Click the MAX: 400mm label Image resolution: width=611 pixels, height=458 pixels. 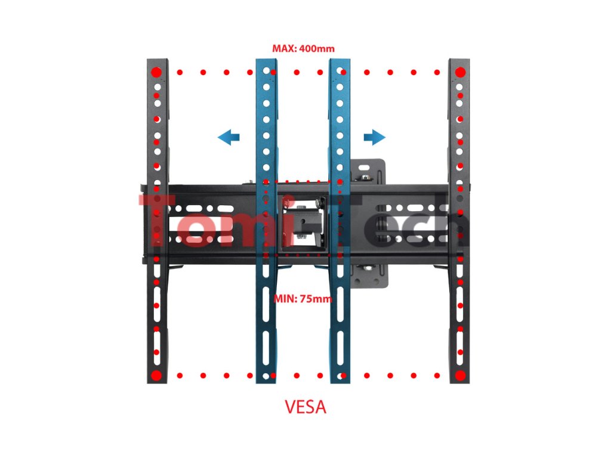pyautogui.click(x=303, y=48)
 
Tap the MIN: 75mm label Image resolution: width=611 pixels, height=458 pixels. pyautogui.click(x=303, y=299)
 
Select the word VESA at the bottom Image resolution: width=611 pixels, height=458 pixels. pyautogui.click(x=305, y=408)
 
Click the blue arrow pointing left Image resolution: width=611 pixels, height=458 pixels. pyautogui.click(x=229, y=138)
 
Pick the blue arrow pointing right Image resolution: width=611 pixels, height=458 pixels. pyautogui.click(x=375, y=138)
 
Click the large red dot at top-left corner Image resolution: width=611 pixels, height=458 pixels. pyautogui.click(x=156, y=73)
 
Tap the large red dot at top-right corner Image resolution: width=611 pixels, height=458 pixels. pyautogui.click(x=460, y=73)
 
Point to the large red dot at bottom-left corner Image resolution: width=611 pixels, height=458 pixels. pyautogui.click(x=156, y=376)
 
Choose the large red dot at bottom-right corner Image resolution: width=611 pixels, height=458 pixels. pyautogui.click(x=460, y=376)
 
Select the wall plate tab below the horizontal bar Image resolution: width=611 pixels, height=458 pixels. pyautogui.click(x=370, y=276)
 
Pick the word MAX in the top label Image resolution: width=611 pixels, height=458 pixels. pyautogui.click(x=283, y=48)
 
